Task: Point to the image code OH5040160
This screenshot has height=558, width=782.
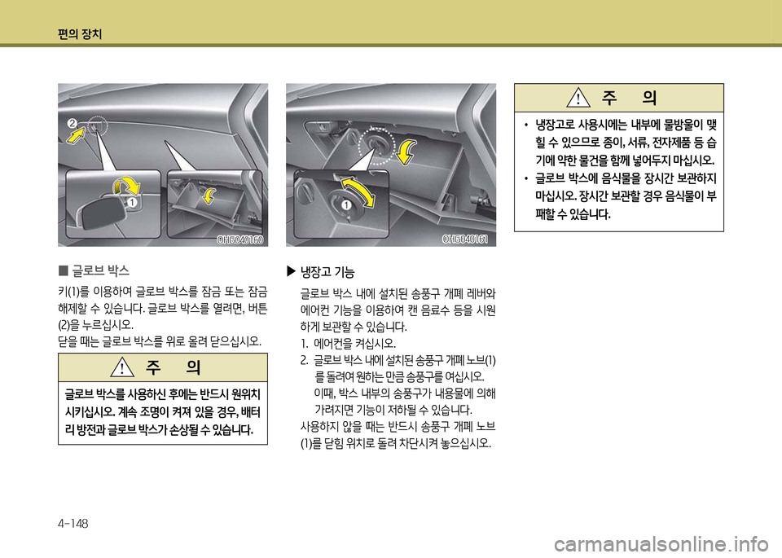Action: click(x=242, y=239)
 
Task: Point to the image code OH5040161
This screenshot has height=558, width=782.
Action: click(x=465, y=239)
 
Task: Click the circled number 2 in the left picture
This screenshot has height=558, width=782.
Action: click(x=72, y=123)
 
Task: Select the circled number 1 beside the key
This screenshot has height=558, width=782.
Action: click(x=130, y=202)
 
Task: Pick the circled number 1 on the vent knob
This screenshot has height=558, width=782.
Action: click(x=346, y=204)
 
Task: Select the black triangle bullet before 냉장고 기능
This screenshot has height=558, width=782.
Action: click(x=293, y=272)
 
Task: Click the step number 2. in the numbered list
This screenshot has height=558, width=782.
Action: click(x=304, y=359)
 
